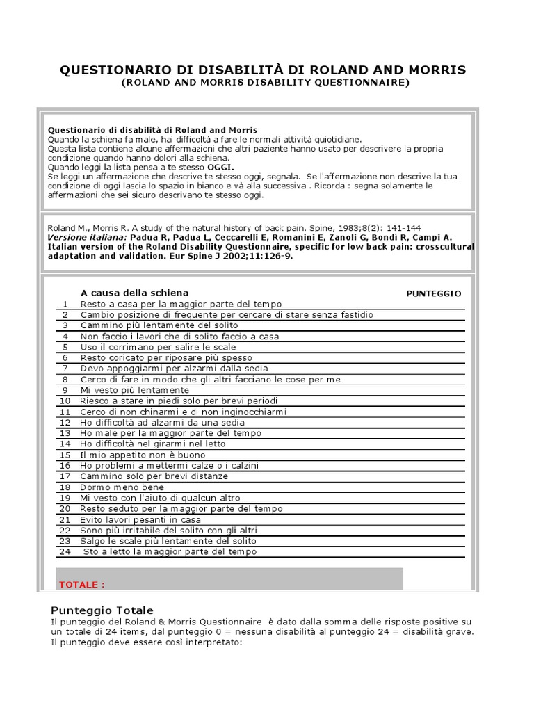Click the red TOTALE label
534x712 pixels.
click(82, 585)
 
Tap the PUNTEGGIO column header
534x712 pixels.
click(433, 293)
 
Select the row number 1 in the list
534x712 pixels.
click(65, 305)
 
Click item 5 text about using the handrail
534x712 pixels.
click(159, 347)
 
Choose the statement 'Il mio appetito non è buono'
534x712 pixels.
click(143, 455)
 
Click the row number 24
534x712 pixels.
click(65, 552)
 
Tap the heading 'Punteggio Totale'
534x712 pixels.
click(102, 610)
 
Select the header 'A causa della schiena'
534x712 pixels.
click(134, 293)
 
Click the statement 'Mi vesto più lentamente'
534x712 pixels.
click(135, 390)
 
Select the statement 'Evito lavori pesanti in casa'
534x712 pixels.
click(141, 519)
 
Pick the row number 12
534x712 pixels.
click(65, 423)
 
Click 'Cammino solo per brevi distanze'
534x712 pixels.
click(154, 476)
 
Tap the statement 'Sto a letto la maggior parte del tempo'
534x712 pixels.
click(170, 552)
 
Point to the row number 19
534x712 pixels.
click(65, 498)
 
